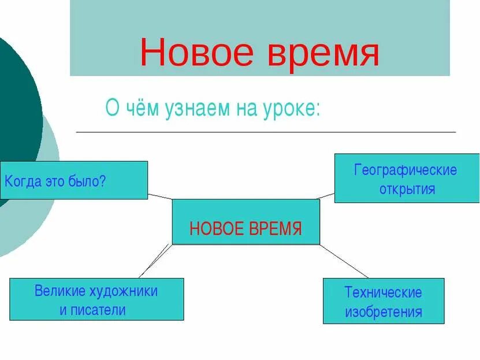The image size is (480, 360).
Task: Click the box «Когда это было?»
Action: [74, 180]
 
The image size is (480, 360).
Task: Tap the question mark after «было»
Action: [103, 181]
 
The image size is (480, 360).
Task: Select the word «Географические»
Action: [405, 170]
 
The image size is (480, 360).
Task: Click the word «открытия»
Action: [407, 189]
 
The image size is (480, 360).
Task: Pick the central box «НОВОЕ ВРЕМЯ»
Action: [245, 221]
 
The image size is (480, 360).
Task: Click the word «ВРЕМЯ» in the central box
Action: [275, 229]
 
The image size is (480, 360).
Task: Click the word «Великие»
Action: [60, 291]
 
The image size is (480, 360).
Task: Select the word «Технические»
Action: [383, 292]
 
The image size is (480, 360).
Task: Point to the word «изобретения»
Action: [384, 313]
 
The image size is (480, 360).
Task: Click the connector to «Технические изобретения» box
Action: [344, 261]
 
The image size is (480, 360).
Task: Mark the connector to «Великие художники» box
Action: [155, 261]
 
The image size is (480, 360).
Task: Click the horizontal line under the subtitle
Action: [266, 132]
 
